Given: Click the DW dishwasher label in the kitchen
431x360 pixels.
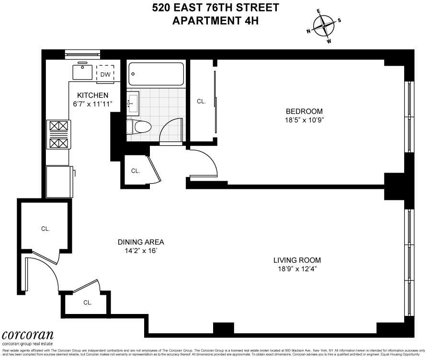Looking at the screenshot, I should [105, 75].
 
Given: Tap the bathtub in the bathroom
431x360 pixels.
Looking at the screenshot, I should [157, 74].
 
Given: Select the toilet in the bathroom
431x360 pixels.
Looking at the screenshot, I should [139, 127].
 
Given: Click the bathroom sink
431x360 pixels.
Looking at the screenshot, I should [133, 102].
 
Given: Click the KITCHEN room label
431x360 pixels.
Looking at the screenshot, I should [93, 95].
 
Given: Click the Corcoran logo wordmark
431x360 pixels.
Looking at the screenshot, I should [27, 335].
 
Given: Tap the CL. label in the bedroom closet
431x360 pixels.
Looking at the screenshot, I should [202, 101].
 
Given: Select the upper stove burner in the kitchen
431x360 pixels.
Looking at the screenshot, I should [58, 127].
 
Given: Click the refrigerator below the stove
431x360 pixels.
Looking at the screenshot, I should [58, 181].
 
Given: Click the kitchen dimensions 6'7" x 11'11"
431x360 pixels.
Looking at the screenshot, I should [93, 104].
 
